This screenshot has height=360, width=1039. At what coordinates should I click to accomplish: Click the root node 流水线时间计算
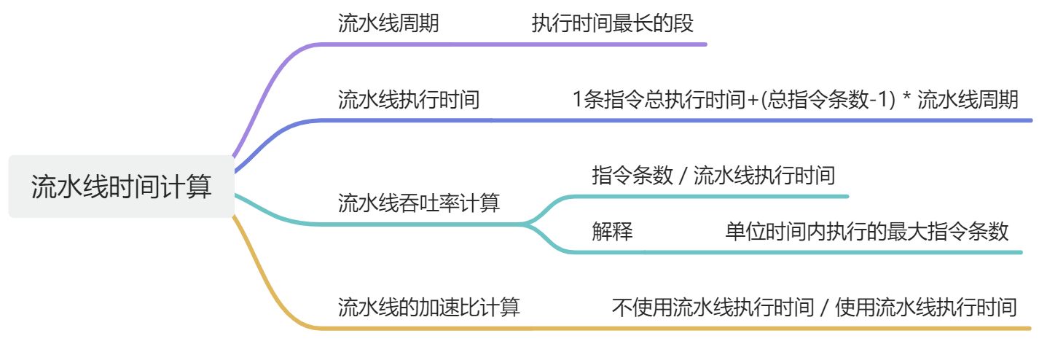(122, 187)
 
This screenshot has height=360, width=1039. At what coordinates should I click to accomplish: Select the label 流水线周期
(388, 24)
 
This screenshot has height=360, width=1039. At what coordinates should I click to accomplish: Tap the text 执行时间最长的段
(612, 24)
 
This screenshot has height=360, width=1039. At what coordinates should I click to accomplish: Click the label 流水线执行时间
(409, 99)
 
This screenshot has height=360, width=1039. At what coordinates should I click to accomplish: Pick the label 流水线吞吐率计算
(419, 203)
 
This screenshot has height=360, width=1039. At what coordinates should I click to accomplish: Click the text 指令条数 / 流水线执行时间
(713, 176)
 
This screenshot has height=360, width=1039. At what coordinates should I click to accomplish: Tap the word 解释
(612, 232)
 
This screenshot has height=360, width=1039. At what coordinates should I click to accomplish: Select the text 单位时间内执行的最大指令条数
(866, 232)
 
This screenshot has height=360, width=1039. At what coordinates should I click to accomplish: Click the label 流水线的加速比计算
(429, 307)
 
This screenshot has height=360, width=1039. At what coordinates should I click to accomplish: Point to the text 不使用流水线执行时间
(713, 307)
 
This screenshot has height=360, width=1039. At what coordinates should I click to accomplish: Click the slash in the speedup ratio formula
(824, 308)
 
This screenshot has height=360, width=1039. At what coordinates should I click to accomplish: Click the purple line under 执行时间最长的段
(612, 44)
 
